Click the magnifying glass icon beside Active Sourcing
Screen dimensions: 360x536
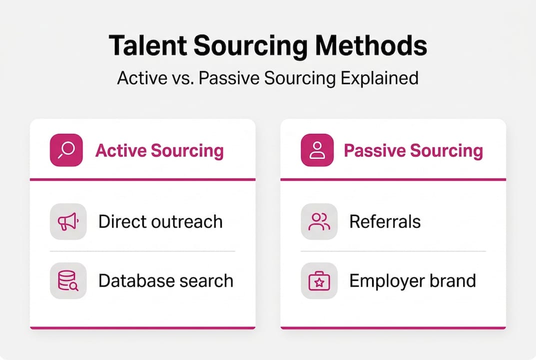click(x=66, y=150)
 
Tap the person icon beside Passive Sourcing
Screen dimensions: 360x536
click(x=317, y=150)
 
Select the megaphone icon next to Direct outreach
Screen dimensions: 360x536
click(x=68, y=221)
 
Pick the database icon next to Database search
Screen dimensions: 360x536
click(x=68, y=281)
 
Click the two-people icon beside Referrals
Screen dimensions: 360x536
click(x=319, y=221)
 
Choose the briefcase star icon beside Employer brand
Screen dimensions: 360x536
click(x=319, y=281)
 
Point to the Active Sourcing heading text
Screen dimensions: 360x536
click(x=159, y=150)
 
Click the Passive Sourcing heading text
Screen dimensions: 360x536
click(x=413, y=150)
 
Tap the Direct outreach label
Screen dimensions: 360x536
click(x=160, y=221)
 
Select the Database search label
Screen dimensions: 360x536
click(x=166, y=281)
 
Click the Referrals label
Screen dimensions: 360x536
click(x=385, y=221)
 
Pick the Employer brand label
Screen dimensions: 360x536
click(x=413, y=281)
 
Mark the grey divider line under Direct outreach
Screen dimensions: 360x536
click(x=142, y=251)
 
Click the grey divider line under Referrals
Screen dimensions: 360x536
click(x=393, y=251)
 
